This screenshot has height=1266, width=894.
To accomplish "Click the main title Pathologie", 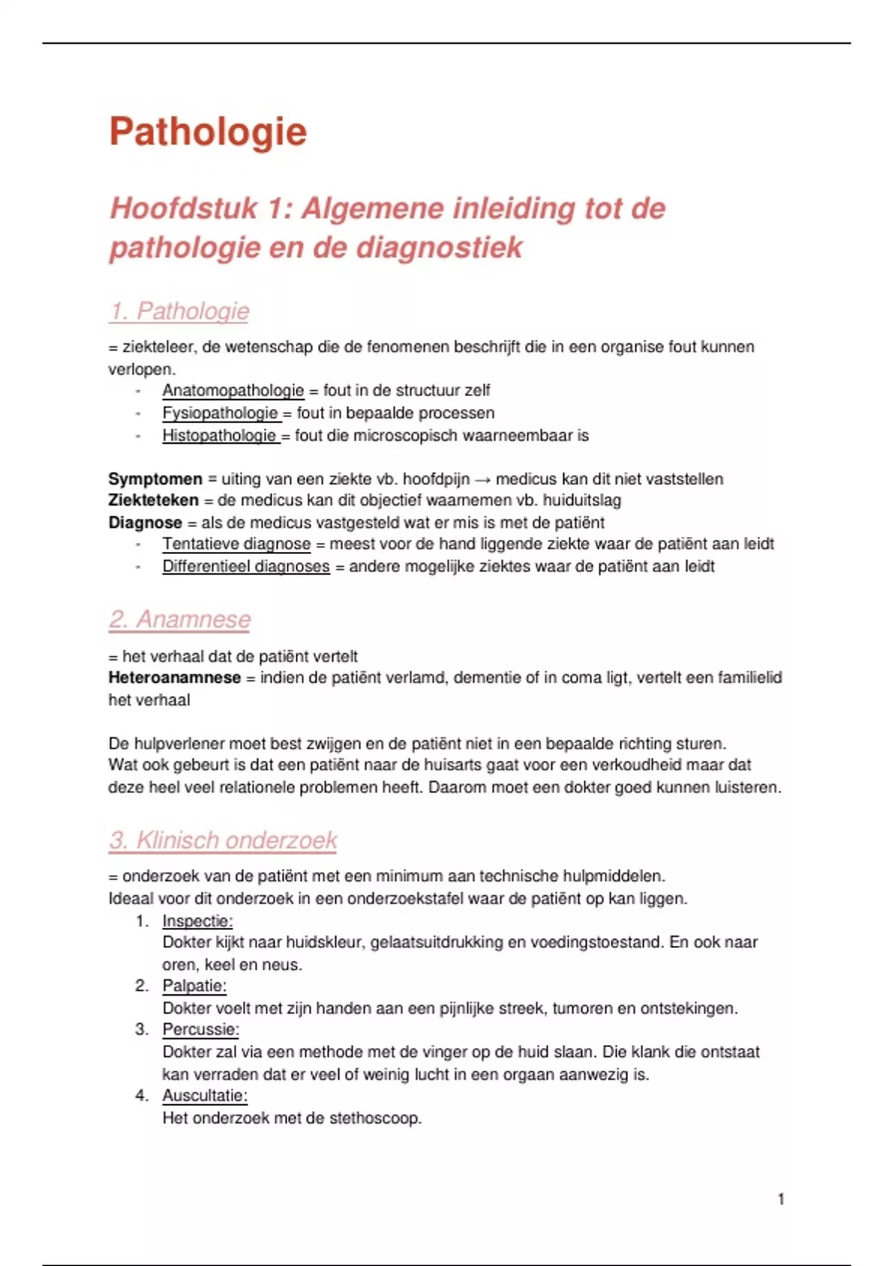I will click(208, 133).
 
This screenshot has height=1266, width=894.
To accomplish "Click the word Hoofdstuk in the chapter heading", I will click(183, 209).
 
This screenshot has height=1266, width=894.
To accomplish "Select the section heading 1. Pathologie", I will click(179, 311).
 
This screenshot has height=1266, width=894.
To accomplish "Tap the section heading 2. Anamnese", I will click(180, 620).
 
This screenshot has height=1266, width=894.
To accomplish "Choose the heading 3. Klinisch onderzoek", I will click(223, 841).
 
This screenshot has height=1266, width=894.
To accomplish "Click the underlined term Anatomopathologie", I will click(233, 391).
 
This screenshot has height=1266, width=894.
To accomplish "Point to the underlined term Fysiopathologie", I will click(221, 413).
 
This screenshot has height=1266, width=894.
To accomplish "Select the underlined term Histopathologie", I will click(220, 436).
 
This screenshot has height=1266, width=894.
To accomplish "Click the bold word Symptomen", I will click(155, 479).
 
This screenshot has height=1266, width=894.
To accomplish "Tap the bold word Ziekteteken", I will click(153, 500).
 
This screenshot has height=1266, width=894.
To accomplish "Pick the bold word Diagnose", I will click(145, 523).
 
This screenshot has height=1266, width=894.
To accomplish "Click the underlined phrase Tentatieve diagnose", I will click(236, 544).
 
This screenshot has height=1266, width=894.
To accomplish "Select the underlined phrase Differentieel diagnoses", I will click(246, 567).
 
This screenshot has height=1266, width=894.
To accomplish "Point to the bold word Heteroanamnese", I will click(174, 678).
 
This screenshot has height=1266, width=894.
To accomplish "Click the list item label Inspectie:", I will click(197, 921).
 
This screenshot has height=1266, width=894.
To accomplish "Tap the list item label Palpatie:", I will click(194, 986).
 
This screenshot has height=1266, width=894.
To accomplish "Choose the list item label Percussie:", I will click(200, 1030).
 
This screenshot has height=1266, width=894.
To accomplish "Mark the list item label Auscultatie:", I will click(205, 1095).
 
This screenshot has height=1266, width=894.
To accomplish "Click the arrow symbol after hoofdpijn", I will click(482, 479).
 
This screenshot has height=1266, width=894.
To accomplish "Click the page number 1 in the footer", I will click(781, 1199).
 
